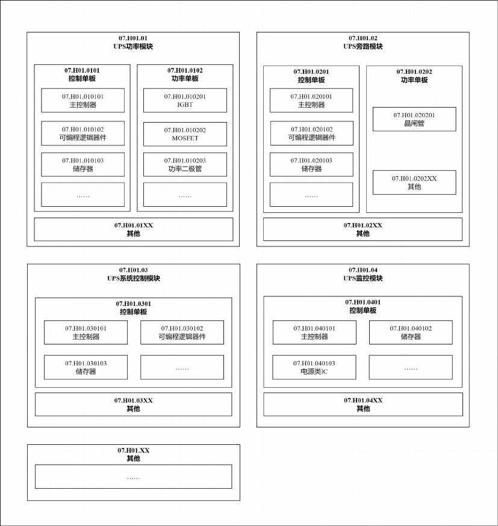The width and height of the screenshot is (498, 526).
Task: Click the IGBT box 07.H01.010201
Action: coord(185,100)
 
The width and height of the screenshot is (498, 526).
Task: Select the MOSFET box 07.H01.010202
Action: coord(185,134)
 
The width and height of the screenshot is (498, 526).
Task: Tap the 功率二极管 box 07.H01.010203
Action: coord(185,165)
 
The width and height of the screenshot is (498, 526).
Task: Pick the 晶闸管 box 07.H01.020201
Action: coord(414,119)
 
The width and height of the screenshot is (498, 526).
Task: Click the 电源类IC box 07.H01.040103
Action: coord(314,367)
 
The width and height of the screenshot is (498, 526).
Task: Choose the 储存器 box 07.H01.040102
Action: coord(410,332)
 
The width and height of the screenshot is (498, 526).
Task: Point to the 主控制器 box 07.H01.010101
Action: coord(82,100)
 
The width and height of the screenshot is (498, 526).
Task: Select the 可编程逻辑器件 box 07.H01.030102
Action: coord(182,332)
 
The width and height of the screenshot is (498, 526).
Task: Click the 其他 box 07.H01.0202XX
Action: coord(414,183)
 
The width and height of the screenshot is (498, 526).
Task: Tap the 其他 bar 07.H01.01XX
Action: coord(133,229)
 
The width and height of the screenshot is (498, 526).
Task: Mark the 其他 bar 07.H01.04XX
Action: coord(363,404)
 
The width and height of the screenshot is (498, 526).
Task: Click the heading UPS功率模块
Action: coord(133,46)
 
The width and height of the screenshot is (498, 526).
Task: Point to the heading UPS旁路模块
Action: coord(363,46)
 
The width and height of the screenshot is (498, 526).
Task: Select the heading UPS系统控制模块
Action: coord(133,278)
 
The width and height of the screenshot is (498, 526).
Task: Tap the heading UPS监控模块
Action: coord(363,278)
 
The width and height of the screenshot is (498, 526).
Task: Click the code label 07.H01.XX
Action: coord(133,450)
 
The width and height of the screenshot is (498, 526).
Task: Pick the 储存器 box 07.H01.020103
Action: coord(311,165)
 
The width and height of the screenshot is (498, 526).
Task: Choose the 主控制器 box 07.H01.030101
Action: coord(86,332)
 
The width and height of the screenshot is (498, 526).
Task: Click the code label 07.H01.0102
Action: coord(185,70)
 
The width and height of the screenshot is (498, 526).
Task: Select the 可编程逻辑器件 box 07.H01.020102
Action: coord(311,133)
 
